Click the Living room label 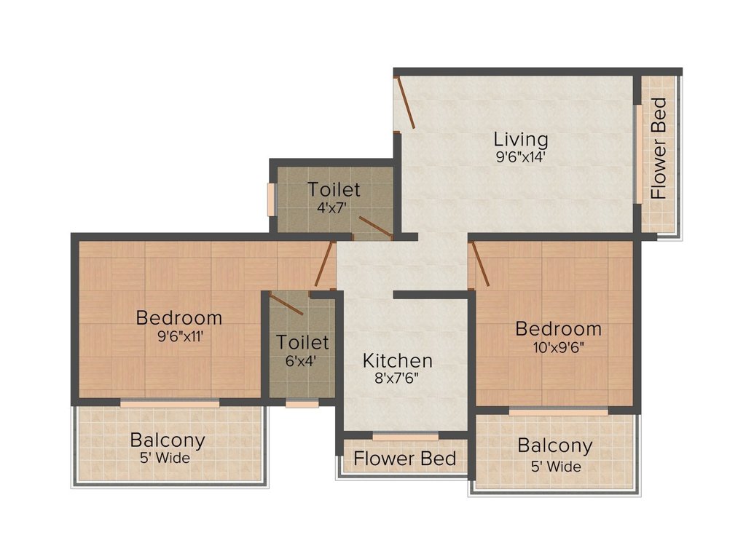click(520, 138)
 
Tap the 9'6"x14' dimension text click(520, 155)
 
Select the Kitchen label click(398, 360)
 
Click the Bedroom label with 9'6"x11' click(179, 317)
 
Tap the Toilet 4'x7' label click(334, 189)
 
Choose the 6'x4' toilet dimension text click(302, 359)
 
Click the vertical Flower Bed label click(659, 148)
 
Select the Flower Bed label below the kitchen click(405, 459)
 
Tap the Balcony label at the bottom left click(168, 440)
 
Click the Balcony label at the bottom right click(555, 445)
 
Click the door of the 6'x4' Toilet click(286, 303)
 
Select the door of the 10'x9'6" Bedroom click(480, 263)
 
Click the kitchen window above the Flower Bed click(405, 437)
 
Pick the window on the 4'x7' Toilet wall click(271, 199)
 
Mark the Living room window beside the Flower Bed click(638, 154)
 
